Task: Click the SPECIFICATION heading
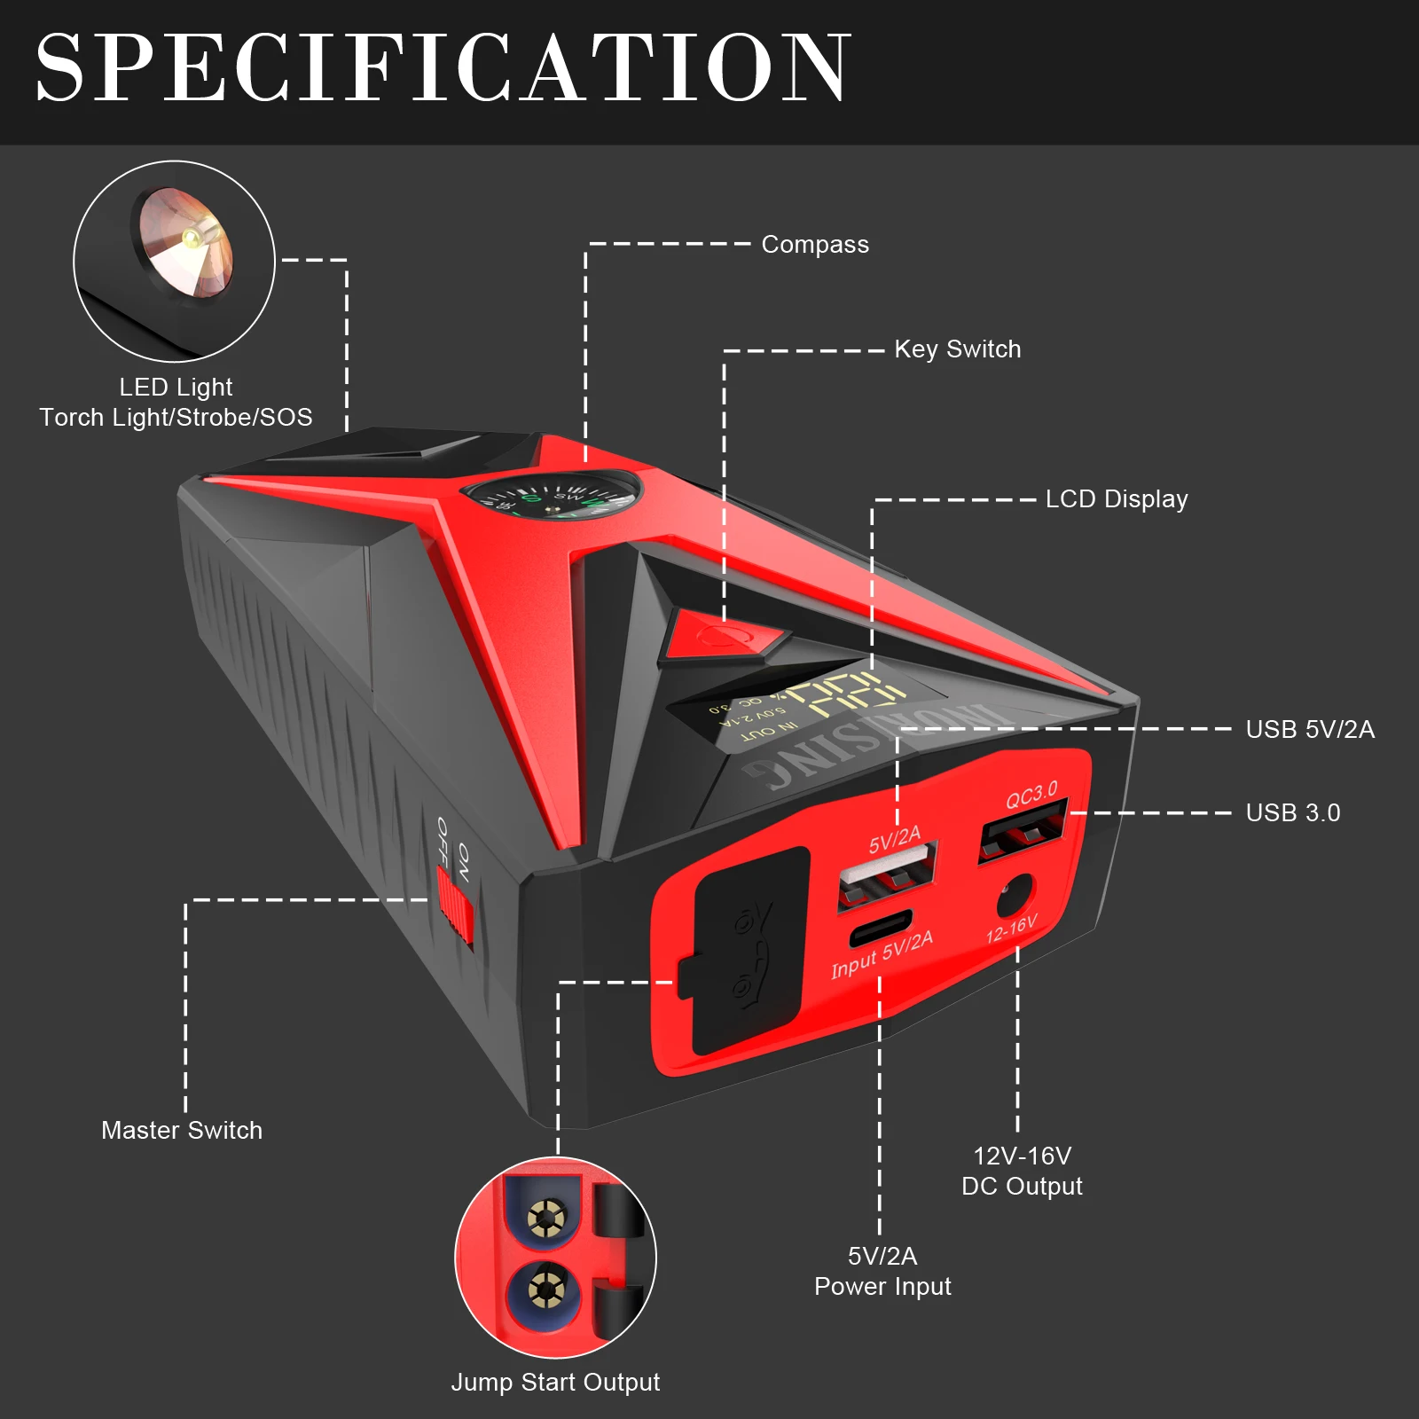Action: [443, 68]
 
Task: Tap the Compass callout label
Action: [815, 245]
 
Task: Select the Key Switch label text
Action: [957, 349]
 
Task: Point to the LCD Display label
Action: [1116, 499]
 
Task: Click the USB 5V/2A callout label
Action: [1309, 730]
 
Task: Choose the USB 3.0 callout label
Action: [1292, 812]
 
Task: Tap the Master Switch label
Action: [182, 1130]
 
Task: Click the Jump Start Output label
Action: [555, 1382]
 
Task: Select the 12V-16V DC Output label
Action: [1022, 1171]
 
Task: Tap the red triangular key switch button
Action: [723, 635]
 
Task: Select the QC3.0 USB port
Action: [1022, 832]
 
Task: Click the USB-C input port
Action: [879, 928]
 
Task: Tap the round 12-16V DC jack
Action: [1015, 896]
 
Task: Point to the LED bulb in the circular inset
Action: [190, 236]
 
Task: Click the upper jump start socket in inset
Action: [545, 1220]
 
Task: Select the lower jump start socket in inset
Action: [545, 1290]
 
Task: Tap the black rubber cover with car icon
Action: [749, 949]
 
